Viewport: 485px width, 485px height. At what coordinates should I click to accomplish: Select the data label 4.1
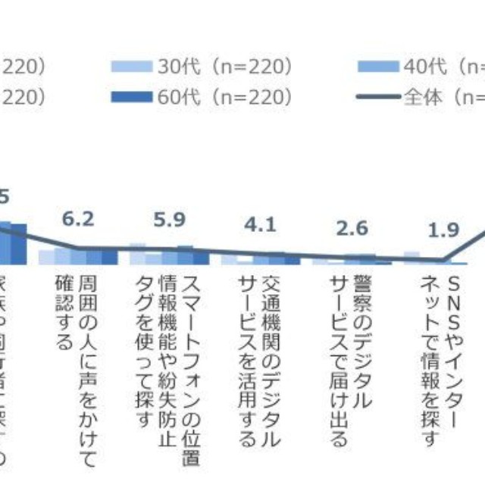tap(260, 225)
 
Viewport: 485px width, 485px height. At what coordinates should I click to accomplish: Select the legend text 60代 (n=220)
tap(225, 96)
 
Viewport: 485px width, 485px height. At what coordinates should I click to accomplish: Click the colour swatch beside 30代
tap(133, 67)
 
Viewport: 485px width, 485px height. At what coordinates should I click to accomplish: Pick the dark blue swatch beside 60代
tap(133, 96)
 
